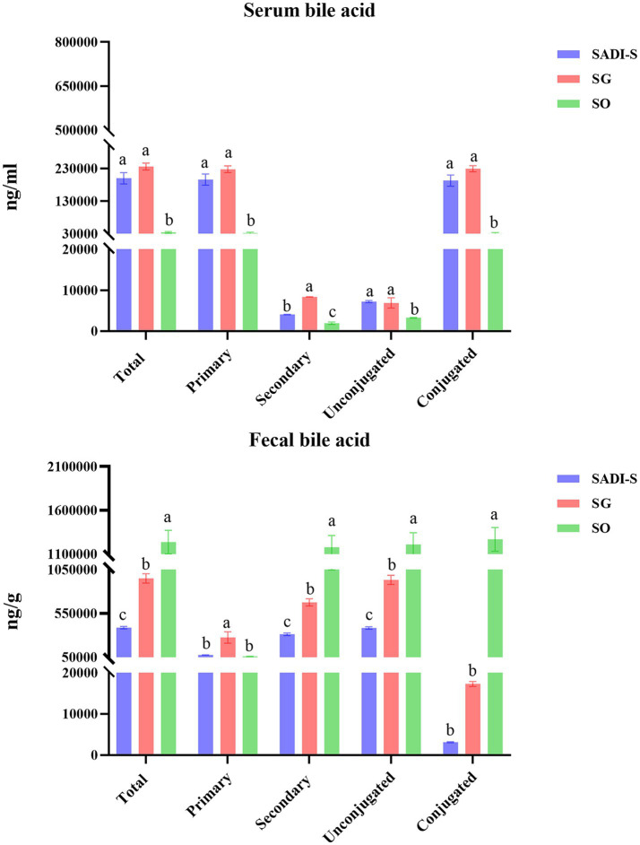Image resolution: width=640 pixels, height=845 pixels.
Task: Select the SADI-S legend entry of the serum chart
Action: click(x=592, y=54)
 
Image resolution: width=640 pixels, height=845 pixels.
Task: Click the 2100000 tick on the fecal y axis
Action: click(x=73, y=466)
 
